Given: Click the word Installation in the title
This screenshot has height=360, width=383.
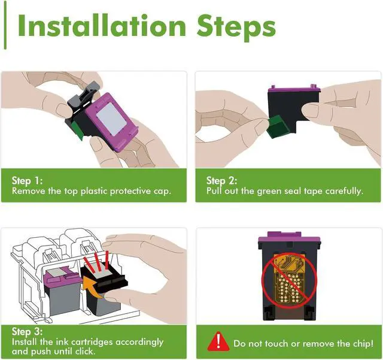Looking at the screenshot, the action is coord(102,26).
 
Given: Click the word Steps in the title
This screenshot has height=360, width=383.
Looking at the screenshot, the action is coord(236,28).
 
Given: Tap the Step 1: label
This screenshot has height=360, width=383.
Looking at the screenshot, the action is coord(27,181).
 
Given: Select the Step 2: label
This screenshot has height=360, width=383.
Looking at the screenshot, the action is coord(221,181).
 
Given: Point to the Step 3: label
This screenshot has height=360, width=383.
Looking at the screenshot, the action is coord(27,332).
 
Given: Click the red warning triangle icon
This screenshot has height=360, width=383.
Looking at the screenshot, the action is coord(218,341).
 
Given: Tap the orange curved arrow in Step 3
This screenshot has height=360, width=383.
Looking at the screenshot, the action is coord(92,286).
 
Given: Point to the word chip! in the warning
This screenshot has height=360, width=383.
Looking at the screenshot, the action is coord(362,344).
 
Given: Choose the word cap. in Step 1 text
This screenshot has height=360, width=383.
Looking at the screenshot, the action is coord(162,191).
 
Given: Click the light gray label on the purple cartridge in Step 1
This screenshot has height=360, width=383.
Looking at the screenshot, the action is coord(111,119).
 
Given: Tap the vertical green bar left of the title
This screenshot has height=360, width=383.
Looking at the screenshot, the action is coord(5,25).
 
